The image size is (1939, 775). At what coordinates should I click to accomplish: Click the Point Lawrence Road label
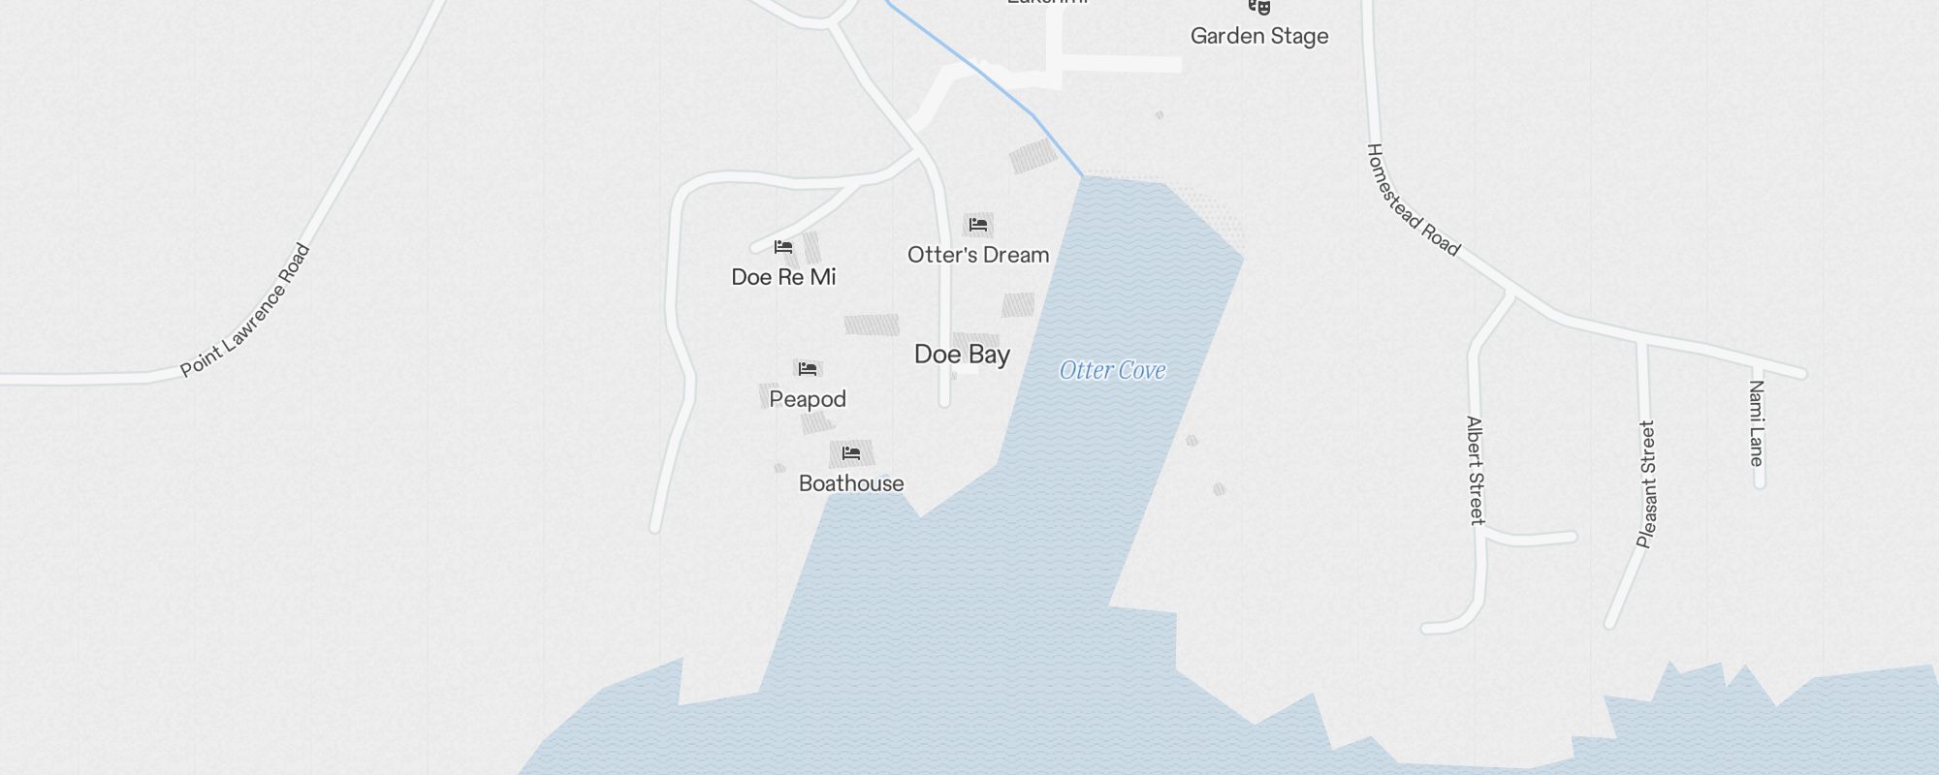(246, 311)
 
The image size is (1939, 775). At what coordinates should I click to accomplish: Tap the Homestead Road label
(1413, 201)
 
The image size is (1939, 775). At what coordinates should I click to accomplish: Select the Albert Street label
(1475, 470)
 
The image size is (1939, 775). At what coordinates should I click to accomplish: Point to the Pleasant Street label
(1646, 483)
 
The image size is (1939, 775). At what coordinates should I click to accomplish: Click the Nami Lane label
(1756, 422)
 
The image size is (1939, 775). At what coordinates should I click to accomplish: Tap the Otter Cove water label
(1112, 370)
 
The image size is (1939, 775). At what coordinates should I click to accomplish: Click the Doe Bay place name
(962, 355)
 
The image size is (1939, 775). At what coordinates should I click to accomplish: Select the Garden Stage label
(1259, 36)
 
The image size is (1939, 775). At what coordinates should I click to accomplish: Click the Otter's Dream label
(978, 255)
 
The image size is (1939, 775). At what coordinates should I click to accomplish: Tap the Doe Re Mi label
(783, 277)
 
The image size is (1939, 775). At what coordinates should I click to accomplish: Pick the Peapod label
(808, 399)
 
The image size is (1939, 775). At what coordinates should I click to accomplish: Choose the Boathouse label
(851, 483)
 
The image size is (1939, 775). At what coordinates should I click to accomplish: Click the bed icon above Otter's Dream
(978, 226)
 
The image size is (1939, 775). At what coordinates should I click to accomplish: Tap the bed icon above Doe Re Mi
(783, 248)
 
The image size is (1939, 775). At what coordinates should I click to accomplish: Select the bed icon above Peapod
(808, 369)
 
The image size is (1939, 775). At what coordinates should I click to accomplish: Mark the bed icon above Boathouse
(851, 453)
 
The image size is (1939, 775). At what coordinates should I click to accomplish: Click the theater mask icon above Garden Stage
(1259, 7)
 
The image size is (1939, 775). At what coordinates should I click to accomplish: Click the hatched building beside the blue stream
(1033, 155)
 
